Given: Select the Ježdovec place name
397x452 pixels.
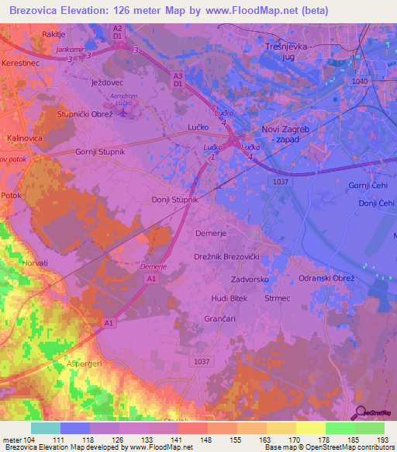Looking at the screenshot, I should pyautogui.click(x=108, y=81).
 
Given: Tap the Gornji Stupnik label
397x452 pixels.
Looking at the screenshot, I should pyautogui.click(x=100, y=151).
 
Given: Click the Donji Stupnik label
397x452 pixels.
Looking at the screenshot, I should pyautogui.click(x=175, y=200).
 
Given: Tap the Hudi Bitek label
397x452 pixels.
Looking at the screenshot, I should pyautogui.click(x=229, y=298).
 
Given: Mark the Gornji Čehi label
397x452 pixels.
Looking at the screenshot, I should pyautogui.click(x=367, y=186).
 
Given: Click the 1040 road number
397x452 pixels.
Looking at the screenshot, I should pyautogui.click(x=360, y=80).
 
